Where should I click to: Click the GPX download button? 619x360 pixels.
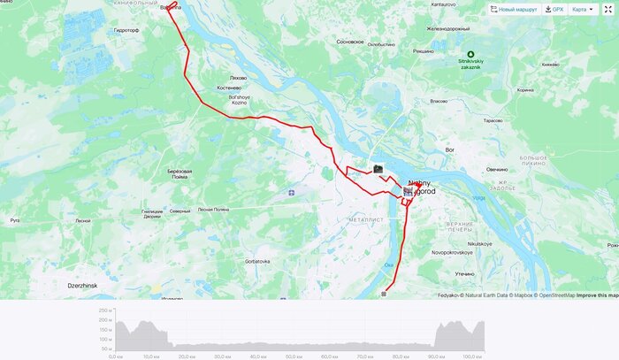click(x=554, y=10)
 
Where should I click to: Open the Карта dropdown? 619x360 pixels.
click(x=583, y=10)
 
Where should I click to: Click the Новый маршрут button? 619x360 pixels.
click(x=514, y=10)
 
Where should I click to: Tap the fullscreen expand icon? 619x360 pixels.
click(x=608, y=10)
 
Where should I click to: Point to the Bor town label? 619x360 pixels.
click(x=449, y=150)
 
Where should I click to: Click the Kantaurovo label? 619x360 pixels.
click(x=443, y=4)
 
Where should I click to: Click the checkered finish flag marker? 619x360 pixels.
click(x=384, y=294)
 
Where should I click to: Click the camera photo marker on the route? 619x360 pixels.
click(x=378, y=168)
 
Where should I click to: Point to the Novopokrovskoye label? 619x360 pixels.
click(x=455, y=253)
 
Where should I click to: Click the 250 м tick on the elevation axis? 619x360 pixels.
click(x=104, y=310)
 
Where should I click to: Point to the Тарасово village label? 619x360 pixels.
click(x=493, y=119)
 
